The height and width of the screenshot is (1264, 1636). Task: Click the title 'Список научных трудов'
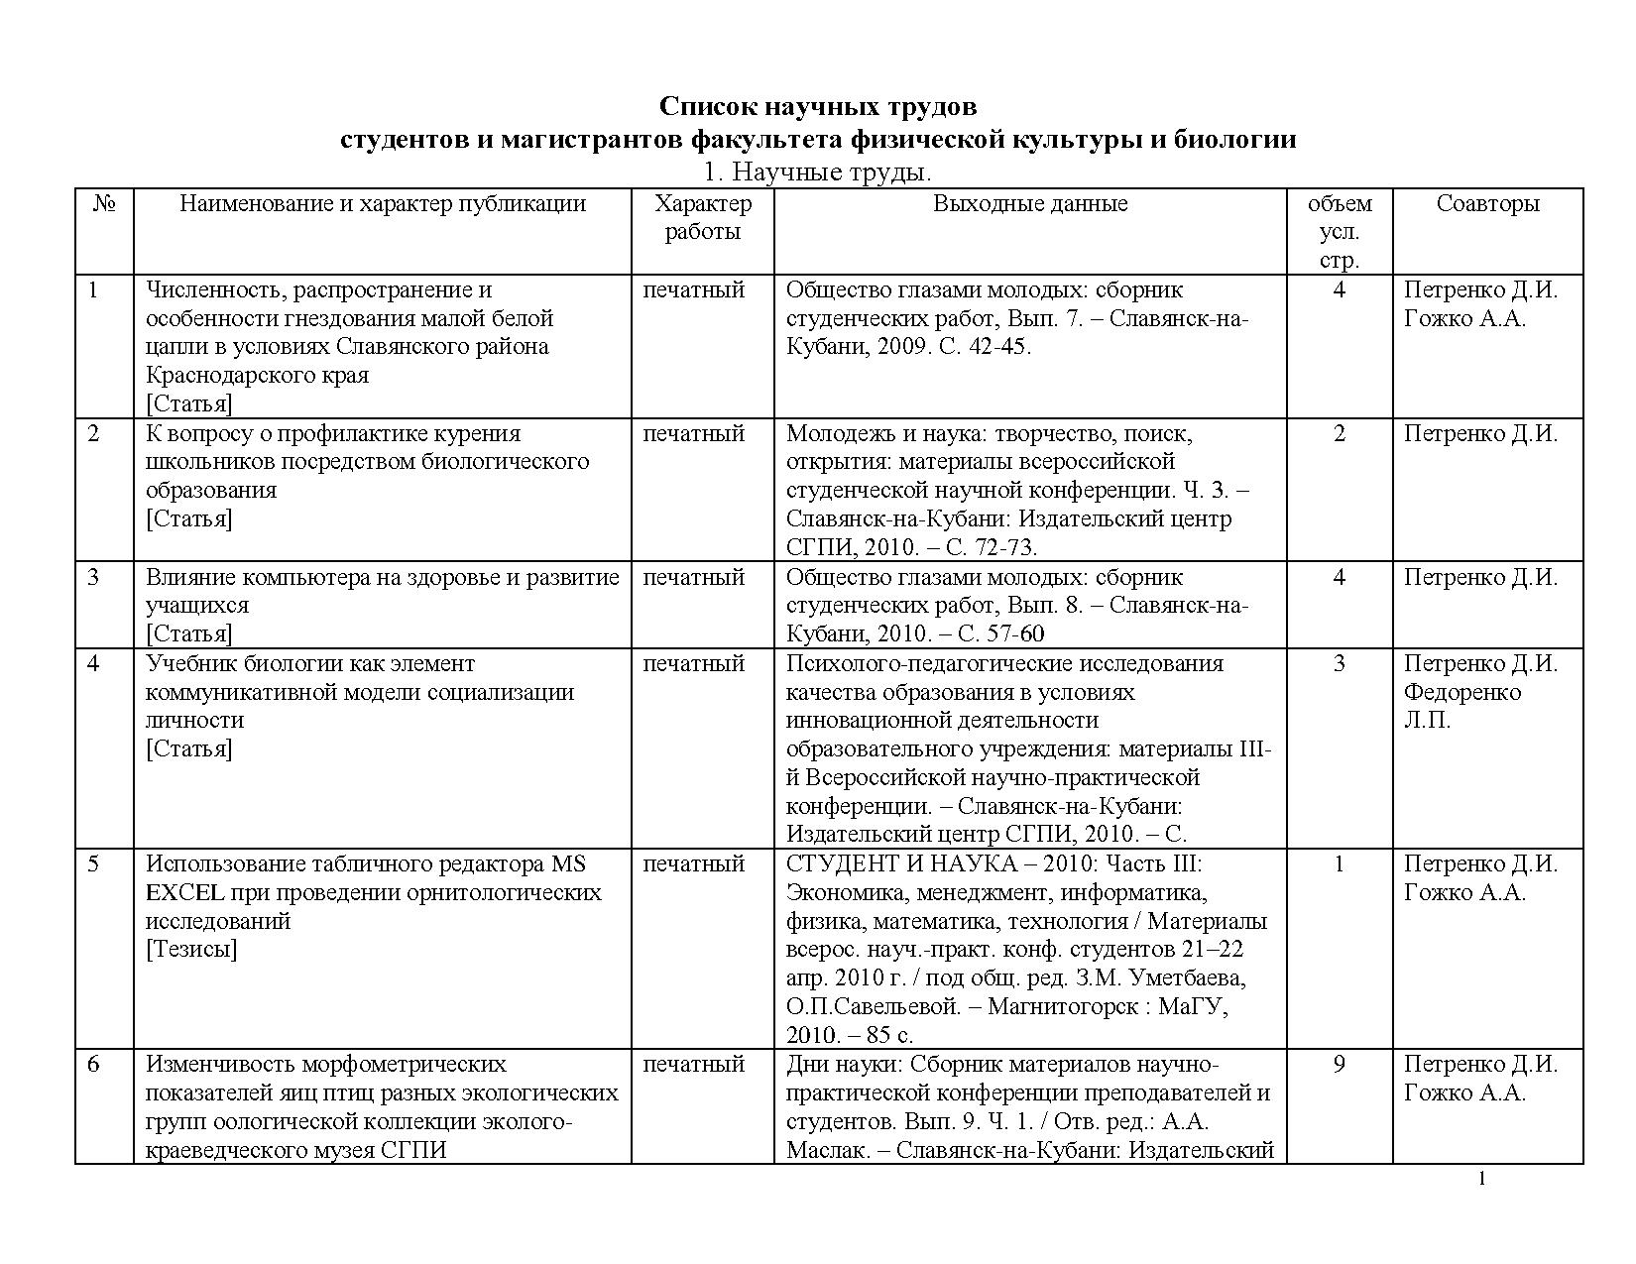pos(818,106)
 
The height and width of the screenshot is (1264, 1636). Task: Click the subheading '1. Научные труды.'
pos(817,172)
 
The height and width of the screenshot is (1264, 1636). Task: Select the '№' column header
pos(105,204)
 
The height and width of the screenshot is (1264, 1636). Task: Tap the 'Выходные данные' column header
pos(1030,204)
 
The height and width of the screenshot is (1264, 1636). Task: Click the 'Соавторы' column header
pos(1487,204)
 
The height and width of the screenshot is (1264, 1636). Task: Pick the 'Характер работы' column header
pos(703,218)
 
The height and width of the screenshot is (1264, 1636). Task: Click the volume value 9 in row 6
pos(1340,1065)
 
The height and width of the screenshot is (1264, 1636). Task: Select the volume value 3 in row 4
pos(1340,664)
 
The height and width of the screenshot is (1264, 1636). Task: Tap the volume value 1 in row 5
pos(1340,864)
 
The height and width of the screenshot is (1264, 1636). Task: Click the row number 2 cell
pos(94,434)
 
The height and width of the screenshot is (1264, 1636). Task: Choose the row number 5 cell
pos(94,864)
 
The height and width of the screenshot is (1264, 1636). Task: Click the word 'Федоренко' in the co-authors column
pos(1462,692)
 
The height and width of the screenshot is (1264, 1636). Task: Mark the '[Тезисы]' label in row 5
pos(191,950)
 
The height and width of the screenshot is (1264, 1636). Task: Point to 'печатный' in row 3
pos(694,578)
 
